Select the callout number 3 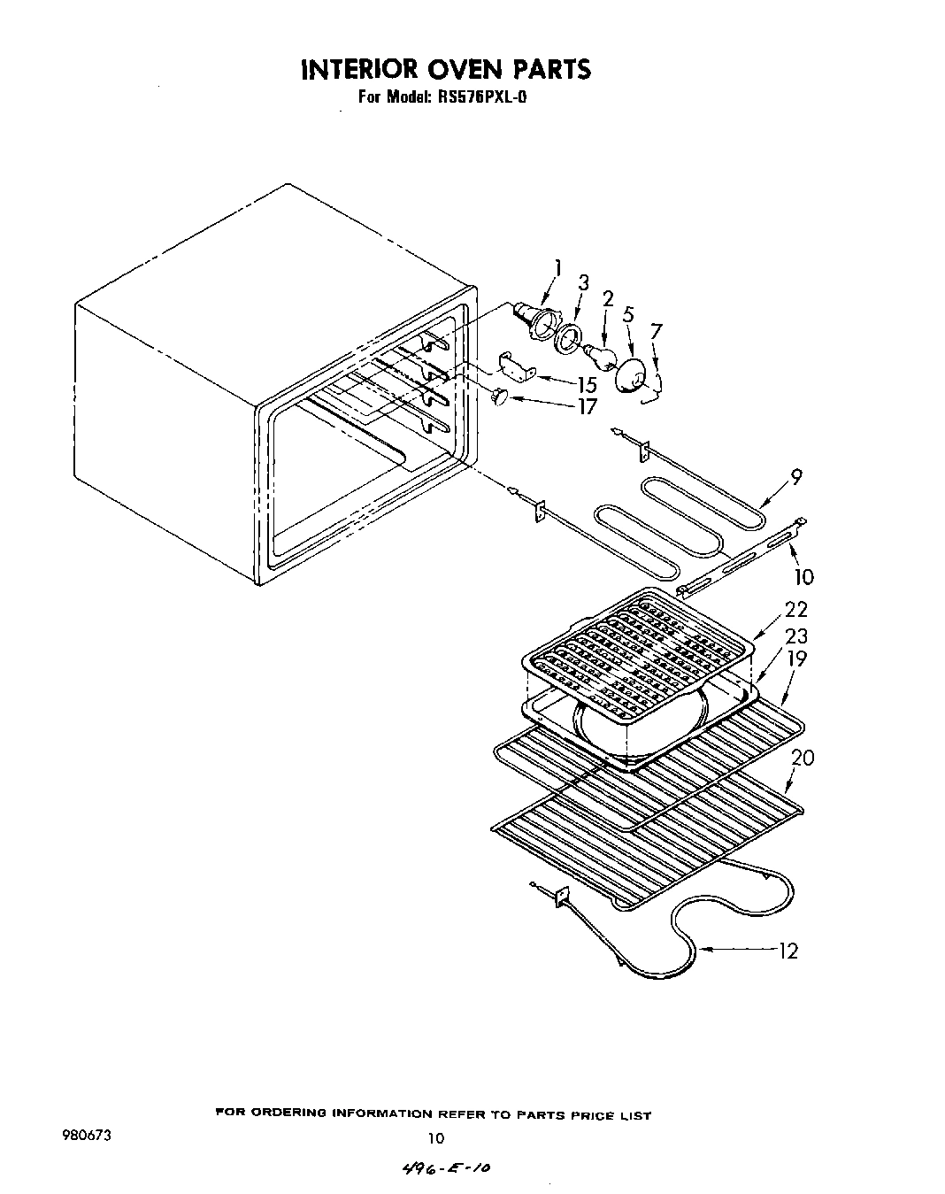click(583, 283)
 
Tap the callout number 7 click(656, 332)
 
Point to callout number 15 click(587, 385)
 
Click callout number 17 click(587, 407)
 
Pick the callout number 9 click(796, 477)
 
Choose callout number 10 click(803, 577)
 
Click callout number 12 click(787, 951)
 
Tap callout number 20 click(803, 758)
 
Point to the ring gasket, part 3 click(567, 340)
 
